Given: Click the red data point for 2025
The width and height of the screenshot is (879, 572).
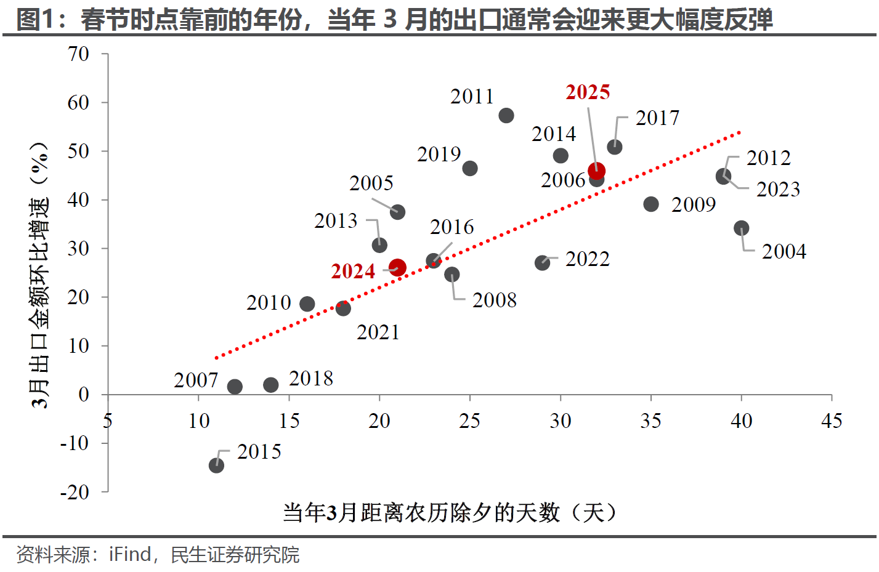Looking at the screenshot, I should tap(596, 171).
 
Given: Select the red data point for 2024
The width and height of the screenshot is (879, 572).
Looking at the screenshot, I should tap(397, 268).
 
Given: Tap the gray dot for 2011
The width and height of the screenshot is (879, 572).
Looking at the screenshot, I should tap(506, 116).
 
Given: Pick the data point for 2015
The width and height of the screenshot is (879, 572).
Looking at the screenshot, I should tap(216, 465).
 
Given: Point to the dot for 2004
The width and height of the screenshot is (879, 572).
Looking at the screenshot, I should tap(742, 228).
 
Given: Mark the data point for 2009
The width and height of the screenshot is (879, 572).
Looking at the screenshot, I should tap(651, 204).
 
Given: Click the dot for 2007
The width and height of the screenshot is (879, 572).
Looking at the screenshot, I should tap(235, 387).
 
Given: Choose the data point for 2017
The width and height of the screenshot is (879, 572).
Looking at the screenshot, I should tap(615, 147).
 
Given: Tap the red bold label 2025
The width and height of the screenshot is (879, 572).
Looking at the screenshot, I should tap(588, 92).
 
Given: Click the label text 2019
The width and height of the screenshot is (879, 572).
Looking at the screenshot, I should tap(439, 155).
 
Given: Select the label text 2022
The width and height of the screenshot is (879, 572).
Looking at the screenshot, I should tap(587, 259).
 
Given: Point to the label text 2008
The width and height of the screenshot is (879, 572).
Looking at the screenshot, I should tap(494, 300).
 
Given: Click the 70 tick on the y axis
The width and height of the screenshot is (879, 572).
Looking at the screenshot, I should tap(78, 54).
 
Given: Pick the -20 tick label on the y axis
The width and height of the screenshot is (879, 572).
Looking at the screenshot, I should tap(75, 492).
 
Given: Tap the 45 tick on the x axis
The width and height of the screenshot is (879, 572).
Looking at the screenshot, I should tap(832, 421).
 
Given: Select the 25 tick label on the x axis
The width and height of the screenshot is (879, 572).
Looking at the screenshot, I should tap(469, 421).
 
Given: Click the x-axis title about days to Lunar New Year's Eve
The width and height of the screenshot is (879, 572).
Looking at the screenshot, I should tap(450, 512).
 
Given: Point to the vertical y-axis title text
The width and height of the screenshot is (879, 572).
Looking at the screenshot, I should tap(39, 275).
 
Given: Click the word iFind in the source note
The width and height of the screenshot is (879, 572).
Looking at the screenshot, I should tap(130, 555).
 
